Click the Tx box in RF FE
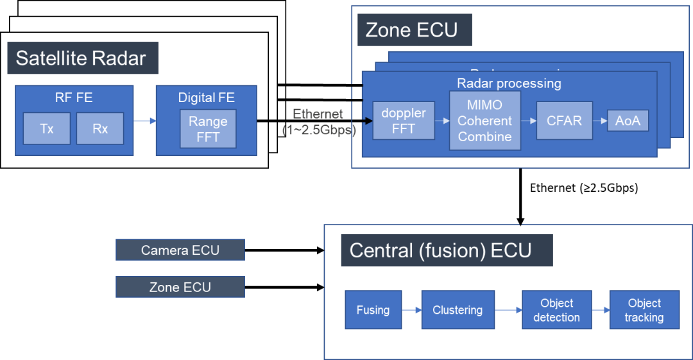coord(47,128)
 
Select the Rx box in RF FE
coord(100,128)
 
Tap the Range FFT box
coord(208,128)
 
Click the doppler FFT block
coord(404,120)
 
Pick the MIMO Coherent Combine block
coord(484,121)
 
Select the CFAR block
coord(564,120)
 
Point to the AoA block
coord(628,120)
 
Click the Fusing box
coord(373,310)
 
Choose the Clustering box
coord(458,310)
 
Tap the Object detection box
coord(556,310)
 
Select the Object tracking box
coord(644,310)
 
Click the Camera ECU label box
coord(180,250)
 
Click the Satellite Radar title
coord(81,58)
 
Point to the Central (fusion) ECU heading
coord(441,250)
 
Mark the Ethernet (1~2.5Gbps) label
coord(319,121)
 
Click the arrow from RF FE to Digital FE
coord(144,120)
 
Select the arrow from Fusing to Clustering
coord(411,310)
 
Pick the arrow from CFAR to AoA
coord(600,120)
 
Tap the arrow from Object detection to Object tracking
coord(600,310)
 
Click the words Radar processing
coord(509,83)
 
